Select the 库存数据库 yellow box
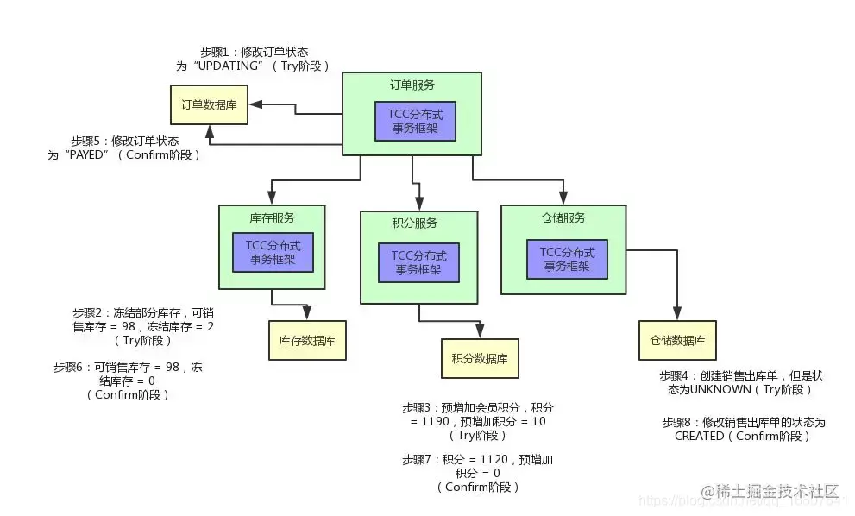tap(306, 341)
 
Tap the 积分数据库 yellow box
tap(480, 358)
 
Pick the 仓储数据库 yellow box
tap(677, 340)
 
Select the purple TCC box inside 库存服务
tap(273, 252)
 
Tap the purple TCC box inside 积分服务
tap(418, 262)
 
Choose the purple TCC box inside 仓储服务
tap(567, 259)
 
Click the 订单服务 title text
tap(412, 85)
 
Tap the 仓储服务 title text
tap(563, 217)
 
